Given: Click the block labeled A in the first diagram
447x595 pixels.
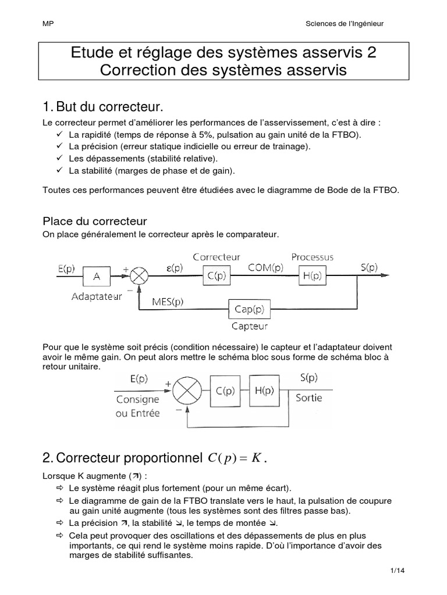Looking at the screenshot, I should point(97,277).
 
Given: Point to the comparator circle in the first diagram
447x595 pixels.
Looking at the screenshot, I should point(139,277).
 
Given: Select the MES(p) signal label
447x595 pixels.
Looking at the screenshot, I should point(168,301).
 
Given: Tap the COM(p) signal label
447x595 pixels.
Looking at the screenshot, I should point(265,267).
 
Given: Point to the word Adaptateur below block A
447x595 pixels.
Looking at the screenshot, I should point(97,296).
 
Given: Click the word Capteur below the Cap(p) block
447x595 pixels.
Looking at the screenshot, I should point(250,326).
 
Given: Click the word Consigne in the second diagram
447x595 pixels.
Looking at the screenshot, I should point(137,399).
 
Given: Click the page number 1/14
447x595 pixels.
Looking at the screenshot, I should point(398,570).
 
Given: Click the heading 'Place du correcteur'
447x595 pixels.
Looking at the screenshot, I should point(95,221).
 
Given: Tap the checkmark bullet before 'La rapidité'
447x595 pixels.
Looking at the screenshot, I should point(60,134).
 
